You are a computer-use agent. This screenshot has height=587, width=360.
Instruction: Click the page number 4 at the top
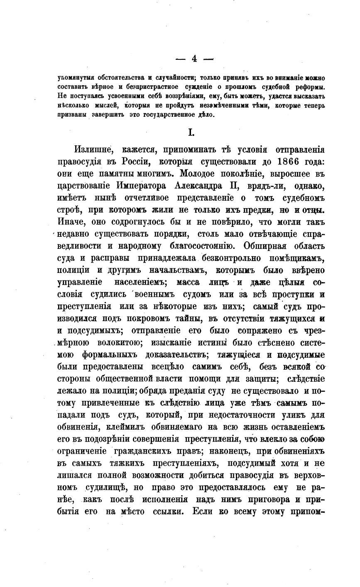194,59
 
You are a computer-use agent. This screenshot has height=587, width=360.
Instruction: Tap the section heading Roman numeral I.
191,133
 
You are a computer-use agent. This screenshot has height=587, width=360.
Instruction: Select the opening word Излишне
92,150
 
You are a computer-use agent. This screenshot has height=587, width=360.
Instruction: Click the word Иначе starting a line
69,221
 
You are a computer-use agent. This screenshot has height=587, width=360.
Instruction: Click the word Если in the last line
203,511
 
